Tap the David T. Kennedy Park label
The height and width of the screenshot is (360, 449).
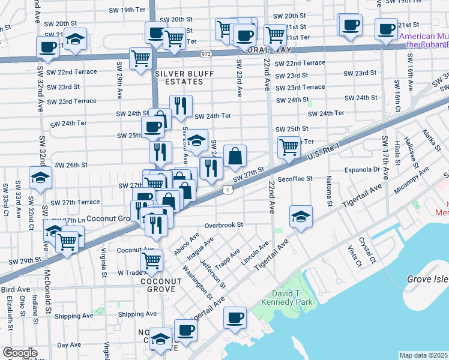tap(283, 302)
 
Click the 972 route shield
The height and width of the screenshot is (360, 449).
tap(206, 54)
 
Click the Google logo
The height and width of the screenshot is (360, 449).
tap(20, 353)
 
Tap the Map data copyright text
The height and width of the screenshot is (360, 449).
tap(423, 355)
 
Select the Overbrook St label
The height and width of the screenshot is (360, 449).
tap(223, 225)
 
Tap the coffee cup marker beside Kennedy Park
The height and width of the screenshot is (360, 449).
tap(235, 317)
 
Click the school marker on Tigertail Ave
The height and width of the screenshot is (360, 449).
tap(301, 217)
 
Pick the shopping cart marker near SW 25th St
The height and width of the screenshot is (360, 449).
tap(289, 146)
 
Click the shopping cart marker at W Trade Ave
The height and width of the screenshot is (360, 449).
tap(151, 260)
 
